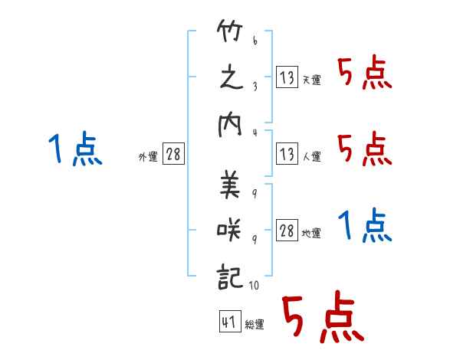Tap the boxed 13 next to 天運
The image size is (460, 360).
(x=286, y=77)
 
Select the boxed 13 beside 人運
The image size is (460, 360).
(x=286, y=154)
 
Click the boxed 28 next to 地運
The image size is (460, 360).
(x=287, y=231)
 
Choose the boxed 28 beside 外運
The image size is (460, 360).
(x=173, y=155)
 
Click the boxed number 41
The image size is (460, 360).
(x=228, y=322)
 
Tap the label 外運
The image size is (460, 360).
(x=148, y=157)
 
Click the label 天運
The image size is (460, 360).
(x=311, y=80)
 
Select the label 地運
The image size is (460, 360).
(x=311, y=234)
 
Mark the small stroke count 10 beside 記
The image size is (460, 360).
(x=255, y=286)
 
